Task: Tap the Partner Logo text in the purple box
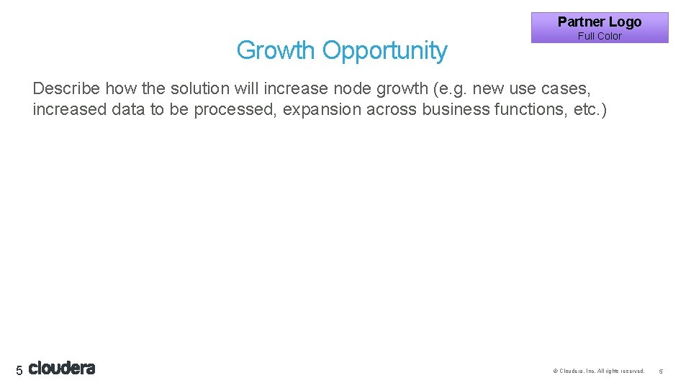tap(599, 22)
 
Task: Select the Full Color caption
tap(600, 36)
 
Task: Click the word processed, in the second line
tap(235, 111)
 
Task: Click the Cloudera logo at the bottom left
tap(62, 369)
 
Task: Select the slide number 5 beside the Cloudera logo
tap(19, 370)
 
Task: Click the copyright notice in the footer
tap(598, 371)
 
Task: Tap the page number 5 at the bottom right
tap(661, 371)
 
